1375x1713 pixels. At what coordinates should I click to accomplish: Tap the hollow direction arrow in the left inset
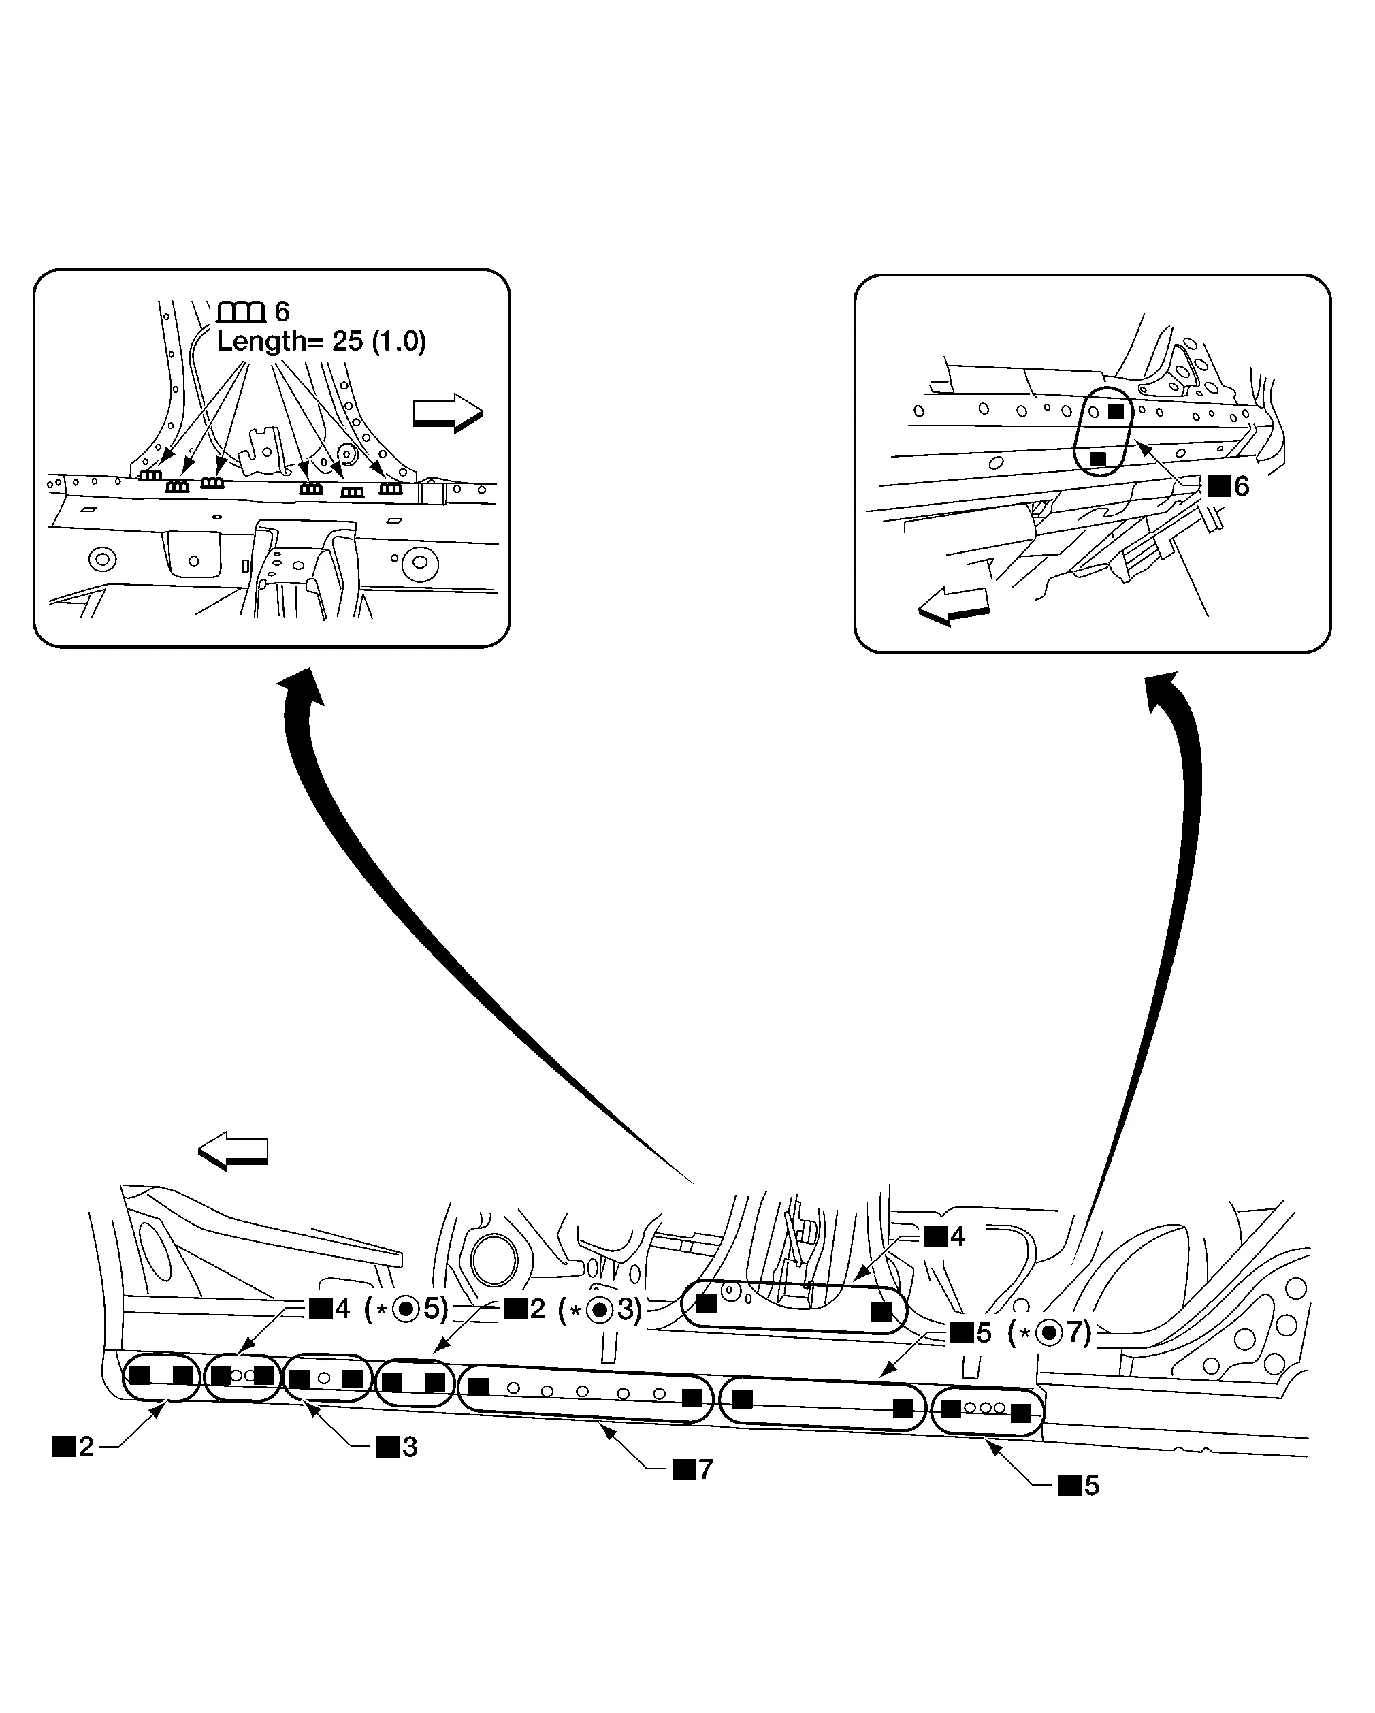coord(448,413)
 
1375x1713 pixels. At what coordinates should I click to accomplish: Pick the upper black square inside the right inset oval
coord(1116,411)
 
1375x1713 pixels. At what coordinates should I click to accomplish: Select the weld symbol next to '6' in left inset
coord(241,313)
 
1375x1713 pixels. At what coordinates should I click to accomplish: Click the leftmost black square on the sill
coord(140,1375)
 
